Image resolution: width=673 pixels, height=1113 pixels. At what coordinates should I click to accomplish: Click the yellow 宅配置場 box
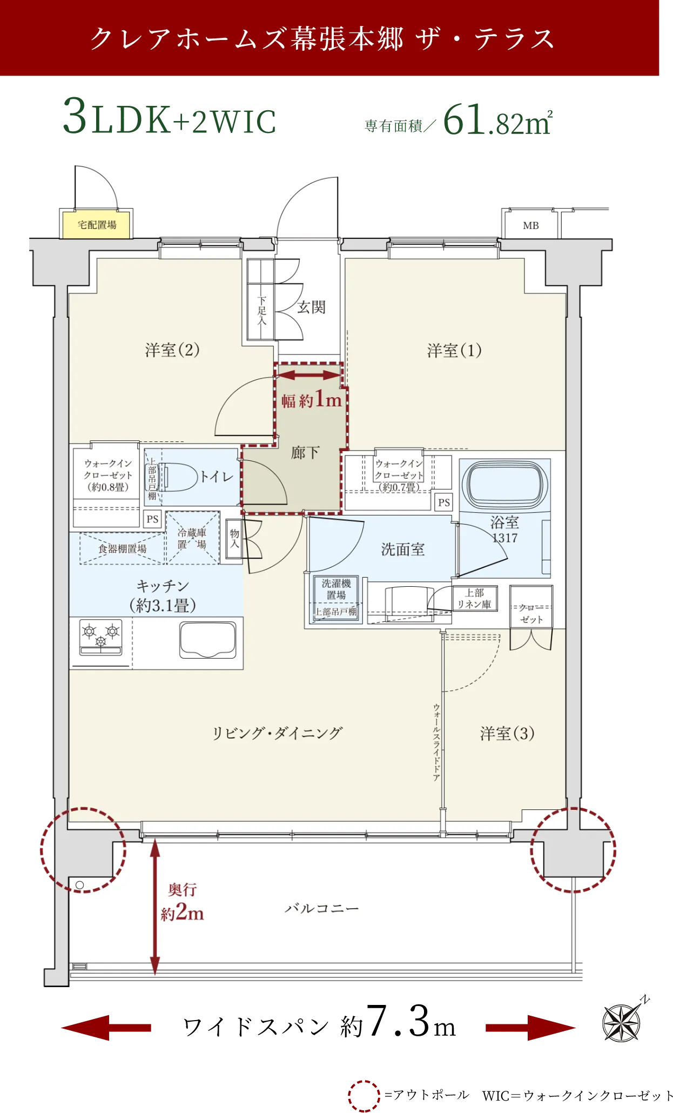(97, 225)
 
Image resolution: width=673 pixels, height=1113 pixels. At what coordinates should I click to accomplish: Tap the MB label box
(530, 225)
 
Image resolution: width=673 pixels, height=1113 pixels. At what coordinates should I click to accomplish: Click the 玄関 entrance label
(311, 307)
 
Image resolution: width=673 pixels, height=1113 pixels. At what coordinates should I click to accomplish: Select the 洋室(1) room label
(454, 351)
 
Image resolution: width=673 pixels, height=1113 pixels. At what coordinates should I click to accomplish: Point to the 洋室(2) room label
(172, 350)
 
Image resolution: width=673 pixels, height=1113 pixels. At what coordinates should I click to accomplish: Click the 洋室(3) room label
(507, 733)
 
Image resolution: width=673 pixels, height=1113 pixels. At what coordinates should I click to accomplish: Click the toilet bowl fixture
(178, 477)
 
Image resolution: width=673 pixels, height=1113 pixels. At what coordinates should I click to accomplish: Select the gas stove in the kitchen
(100, 637)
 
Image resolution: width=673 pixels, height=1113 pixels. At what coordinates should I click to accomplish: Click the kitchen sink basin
(208, 640)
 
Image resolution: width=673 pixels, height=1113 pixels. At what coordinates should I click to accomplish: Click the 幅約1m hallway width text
(311, 400)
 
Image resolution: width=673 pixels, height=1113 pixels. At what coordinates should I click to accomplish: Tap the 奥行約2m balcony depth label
(183, 902)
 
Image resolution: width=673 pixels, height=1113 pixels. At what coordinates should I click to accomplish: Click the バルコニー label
(321, 908)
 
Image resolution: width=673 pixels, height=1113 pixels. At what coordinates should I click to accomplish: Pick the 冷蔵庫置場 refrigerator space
(192, 538)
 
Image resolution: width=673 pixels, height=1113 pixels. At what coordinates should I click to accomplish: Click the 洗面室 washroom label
(402, 549)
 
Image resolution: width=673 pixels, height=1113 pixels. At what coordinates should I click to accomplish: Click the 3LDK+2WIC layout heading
(170, 116)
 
